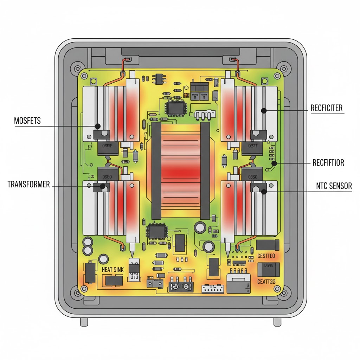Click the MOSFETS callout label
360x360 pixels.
(27, 121)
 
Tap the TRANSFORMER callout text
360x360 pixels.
(28, 185)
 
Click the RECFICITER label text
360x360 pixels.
(327, 108)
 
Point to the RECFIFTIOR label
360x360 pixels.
(328, 163)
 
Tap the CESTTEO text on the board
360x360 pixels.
(266, 256)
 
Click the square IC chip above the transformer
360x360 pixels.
(174, 108)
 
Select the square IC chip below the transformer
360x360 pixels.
(154, 232)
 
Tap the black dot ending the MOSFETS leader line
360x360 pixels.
(98, 126)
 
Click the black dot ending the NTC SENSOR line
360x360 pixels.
(264, 191)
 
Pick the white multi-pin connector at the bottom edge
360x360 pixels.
(212, 289)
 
